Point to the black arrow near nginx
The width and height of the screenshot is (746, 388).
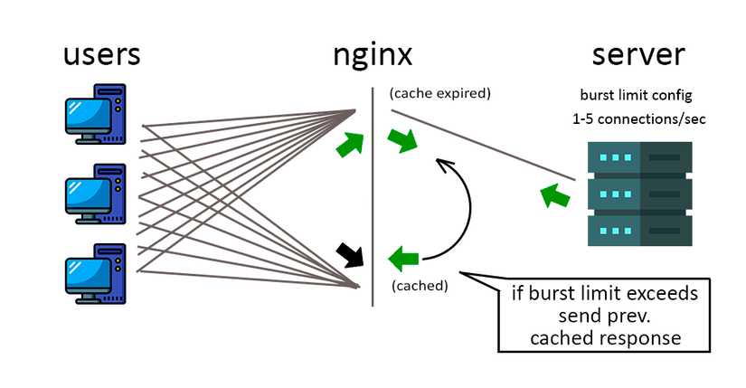pyautogui.click(x=348, y=254)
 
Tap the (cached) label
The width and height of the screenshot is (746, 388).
pyautogui.click(x=420, y=286)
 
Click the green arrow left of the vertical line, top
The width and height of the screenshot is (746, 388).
pyautogui.click(x=348, y=143)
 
